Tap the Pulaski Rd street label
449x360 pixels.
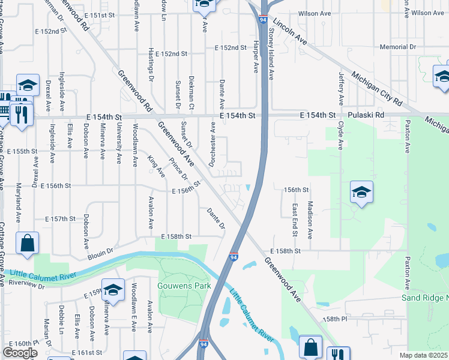tap(364, 115)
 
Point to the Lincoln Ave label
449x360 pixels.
tap(289, 31)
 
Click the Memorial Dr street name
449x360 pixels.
tap(398, 47)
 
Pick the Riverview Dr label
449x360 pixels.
tap(27, 284)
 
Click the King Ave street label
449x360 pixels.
tap(156, 166)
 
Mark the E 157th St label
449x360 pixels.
tap(63, 219)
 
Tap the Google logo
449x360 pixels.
tap(20, 353)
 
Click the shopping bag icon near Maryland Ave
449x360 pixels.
tap(27, 244)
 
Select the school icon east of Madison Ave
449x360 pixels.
tap(361, 193)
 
